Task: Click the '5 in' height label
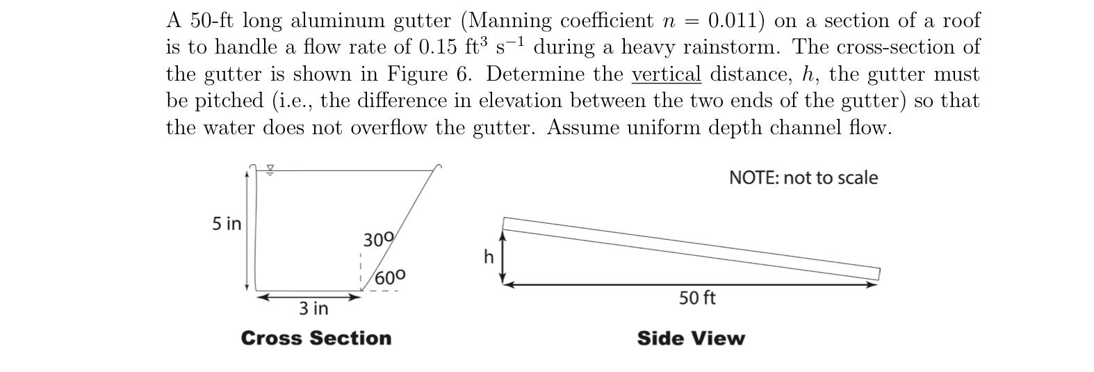[x=227, y=224]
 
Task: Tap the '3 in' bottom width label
[x=313, y=308]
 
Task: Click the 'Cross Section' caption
[x=316, y=339]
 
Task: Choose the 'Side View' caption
[x=690, y=339]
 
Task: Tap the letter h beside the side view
[x=489, y=257]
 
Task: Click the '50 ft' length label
[x=697, y=298]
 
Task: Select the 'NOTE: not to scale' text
[x=803, y=178]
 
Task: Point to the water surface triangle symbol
[x=271, y=169]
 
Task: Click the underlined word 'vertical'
[x=666, y=74]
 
